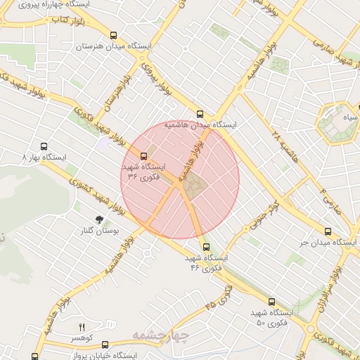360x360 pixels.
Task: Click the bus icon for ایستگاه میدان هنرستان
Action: coord(113,34)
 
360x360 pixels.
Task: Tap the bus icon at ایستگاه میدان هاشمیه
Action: coord(200,113)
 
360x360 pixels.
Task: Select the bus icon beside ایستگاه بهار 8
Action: coord(45,148)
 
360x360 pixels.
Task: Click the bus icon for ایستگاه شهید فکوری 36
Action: coord(144,156)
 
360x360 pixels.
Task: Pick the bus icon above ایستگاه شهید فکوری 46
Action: coord(206,247)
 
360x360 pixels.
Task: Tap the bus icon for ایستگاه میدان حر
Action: coord(328,231)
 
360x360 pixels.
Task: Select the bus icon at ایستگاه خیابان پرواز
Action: coord(105,345)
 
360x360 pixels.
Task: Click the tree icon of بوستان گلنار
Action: coord(99,219)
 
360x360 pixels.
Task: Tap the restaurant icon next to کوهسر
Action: coord(82,327)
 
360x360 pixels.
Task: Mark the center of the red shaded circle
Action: coord(181,179)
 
